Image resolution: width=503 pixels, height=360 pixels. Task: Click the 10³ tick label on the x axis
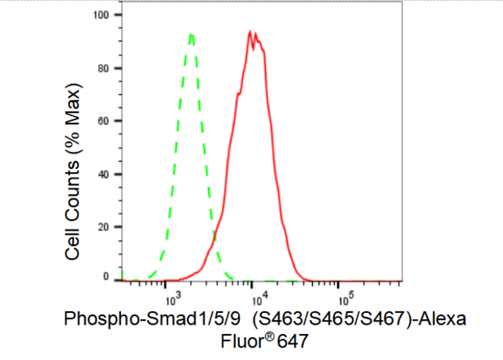[174, 297]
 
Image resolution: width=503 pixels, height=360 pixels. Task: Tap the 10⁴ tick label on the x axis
[260, 297]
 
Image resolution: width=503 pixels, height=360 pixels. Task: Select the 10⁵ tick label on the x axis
[346, 297]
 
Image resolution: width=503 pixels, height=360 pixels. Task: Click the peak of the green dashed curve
[191, 34]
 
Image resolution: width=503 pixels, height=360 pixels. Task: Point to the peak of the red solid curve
[250, 31]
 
